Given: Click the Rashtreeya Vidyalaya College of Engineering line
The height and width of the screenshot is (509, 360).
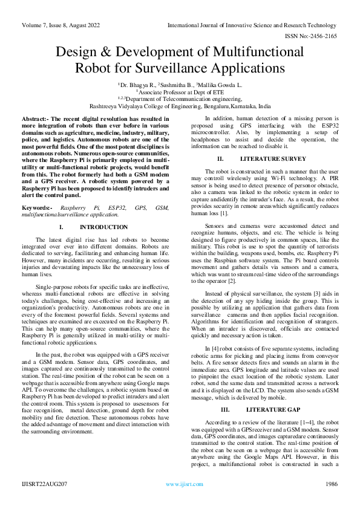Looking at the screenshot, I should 180,106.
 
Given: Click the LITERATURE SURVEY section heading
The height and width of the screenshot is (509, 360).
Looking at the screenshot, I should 264,158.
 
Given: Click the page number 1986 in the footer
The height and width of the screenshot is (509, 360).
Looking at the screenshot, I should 330,484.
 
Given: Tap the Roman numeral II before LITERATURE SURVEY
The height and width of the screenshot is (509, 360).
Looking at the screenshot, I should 221,158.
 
